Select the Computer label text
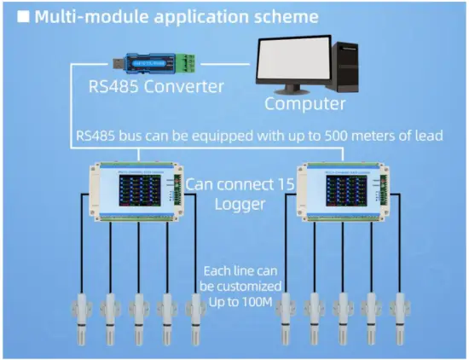coord(305,104)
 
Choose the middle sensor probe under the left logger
coord(138,315)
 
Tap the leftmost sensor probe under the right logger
coord(287,315)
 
